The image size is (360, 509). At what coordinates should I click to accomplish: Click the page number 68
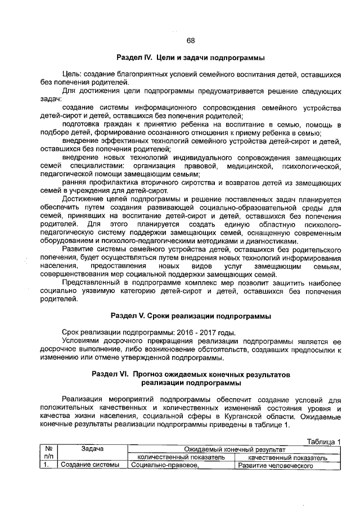(190, 40)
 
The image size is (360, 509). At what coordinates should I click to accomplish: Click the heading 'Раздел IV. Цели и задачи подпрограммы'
(190, 58)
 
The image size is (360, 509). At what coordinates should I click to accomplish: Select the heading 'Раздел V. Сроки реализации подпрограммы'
(190, 315)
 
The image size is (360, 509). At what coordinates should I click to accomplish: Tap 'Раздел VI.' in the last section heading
(111, 373)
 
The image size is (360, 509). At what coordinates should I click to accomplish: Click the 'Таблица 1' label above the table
(322, 441)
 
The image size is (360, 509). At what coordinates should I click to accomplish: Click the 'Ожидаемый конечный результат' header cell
(235, 450)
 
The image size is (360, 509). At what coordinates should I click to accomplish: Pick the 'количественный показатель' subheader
(181, 458)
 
